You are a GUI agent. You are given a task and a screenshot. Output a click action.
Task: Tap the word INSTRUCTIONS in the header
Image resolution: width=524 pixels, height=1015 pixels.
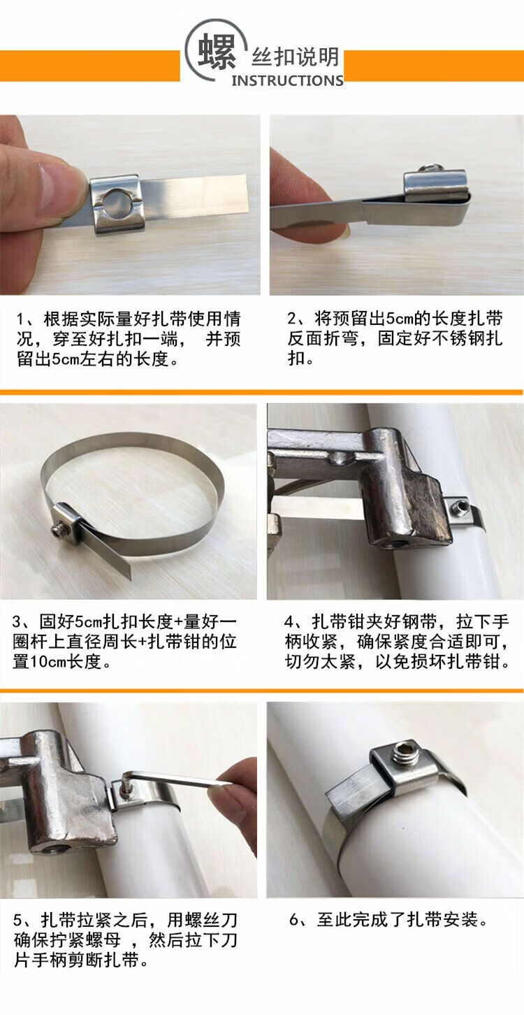coord(287,80)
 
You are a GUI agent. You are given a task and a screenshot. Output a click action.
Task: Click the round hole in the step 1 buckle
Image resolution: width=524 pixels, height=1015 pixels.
coord(116,204)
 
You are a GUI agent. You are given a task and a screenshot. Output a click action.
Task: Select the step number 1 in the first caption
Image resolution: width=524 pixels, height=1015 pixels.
coord(20,319)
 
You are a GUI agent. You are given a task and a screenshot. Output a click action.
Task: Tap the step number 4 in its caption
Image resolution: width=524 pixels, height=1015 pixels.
coord(289,621)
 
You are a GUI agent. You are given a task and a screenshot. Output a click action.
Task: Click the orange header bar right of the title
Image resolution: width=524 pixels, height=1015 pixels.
coord(434,66)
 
